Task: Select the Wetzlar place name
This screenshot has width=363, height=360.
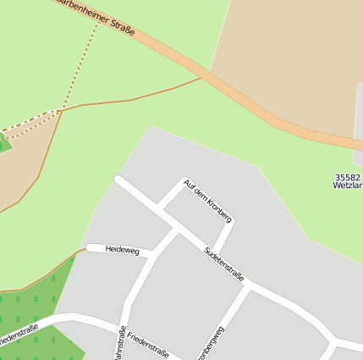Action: (349, 186)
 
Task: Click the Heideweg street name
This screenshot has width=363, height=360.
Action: (122, 249)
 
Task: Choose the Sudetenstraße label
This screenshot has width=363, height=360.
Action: (225, 264)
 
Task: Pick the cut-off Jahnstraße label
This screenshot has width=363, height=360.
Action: (120, 344)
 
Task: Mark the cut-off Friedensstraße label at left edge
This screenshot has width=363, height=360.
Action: (17, 335)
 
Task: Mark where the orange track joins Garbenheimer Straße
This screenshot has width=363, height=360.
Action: (201, 79)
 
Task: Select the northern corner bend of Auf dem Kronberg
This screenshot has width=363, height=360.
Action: (184, 181)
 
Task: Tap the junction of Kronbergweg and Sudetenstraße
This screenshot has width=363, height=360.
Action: (251, 289)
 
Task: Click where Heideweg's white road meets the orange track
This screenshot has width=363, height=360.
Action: (87, 249)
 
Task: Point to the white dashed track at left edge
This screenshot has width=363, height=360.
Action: (25, 127)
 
